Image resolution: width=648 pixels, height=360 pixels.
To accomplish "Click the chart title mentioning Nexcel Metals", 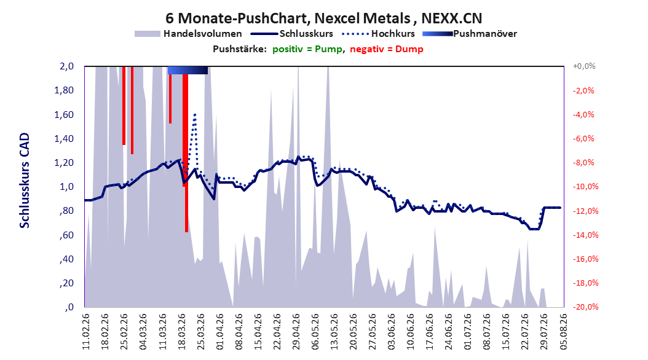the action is point(323,18).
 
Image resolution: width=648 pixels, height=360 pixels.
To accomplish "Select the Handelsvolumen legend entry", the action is point(188,34).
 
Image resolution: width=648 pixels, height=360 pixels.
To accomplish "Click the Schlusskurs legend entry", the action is point(292,34).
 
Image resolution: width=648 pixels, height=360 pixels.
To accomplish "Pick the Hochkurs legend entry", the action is point(378,34).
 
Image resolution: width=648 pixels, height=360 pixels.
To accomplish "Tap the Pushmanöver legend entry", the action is point(470,34).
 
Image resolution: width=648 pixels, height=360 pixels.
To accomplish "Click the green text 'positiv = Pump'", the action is point(307,49).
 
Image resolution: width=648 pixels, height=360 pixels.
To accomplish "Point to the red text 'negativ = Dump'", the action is point(387,49).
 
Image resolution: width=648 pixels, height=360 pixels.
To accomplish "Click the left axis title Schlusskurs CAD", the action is point(25,181).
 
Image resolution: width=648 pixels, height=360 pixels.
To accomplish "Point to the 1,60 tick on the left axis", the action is point(64,115).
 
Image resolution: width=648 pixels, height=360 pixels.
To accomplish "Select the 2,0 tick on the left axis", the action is point(66,66).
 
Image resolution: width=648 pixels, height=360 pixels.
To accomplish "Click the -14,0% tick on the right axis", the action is point(583,235).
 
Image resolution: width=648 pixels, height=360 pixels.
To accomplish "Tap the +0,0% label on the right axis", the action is point(584,66).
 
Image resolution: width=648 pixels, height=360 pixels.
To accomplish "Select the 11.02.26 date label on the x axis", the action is point(86,332).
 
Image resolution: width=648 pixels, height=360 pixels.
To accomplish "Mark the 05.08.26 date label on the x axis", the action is point(563,332).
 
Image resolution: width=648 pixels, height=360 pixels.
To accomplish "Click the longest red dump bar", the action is point(186,153).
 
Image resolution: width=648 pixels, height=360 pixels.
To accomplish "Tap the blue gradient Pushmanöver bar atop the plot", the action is point(188,70).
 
